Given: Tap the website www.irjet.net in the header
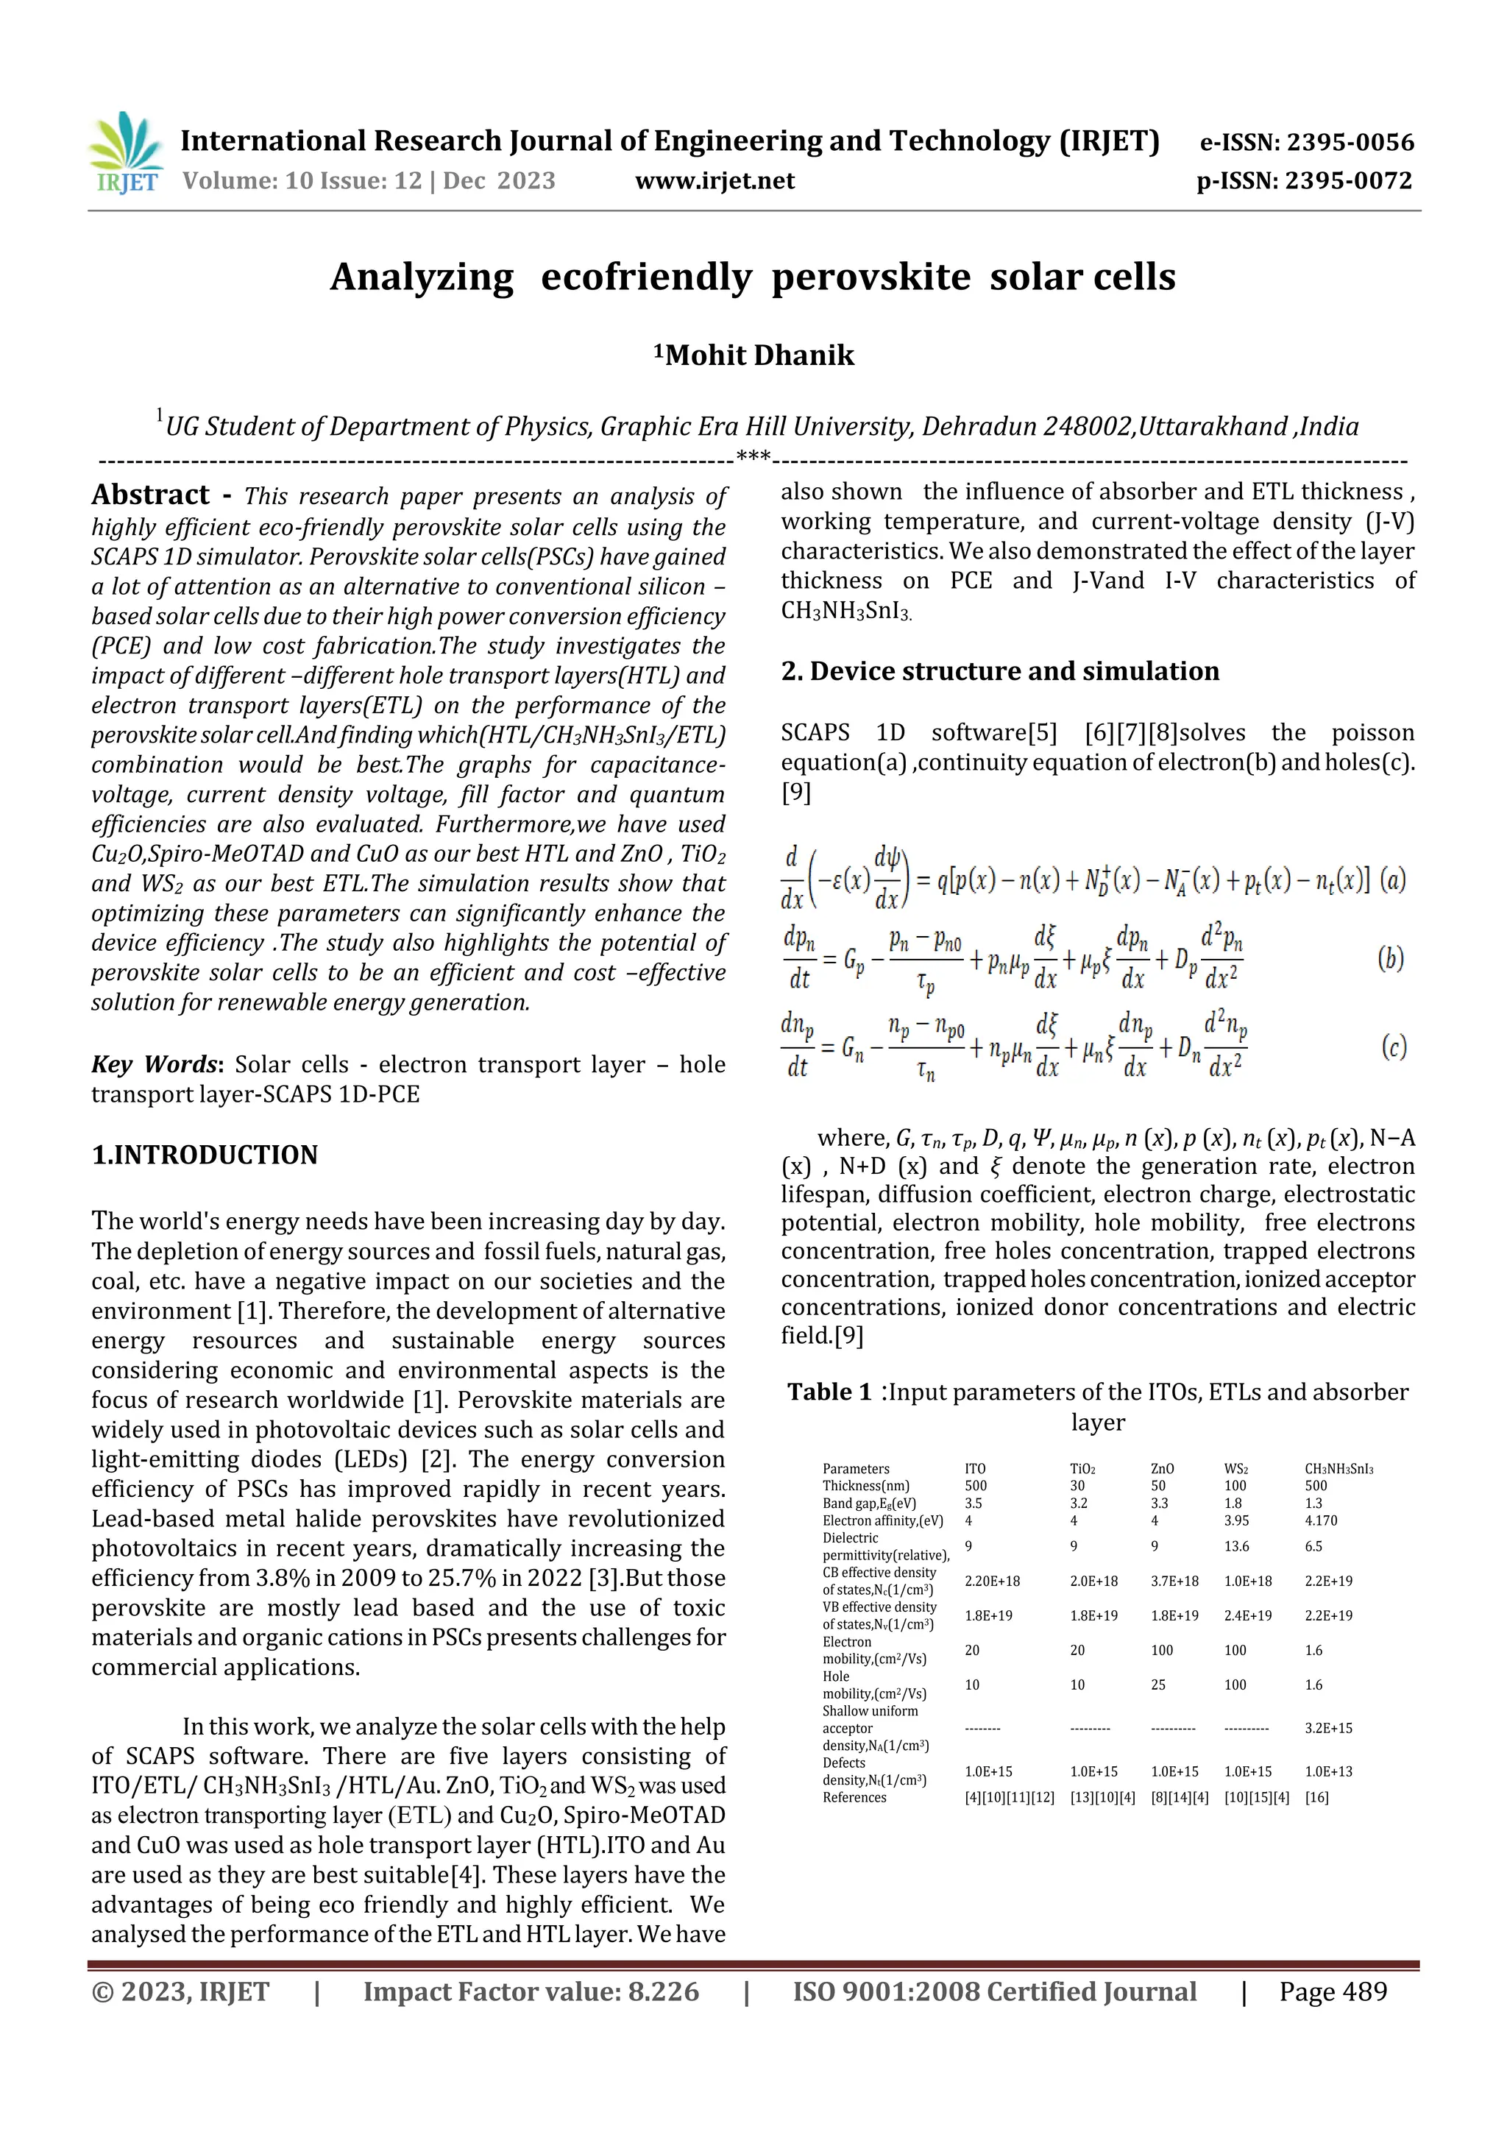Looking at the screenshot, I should tap(714, 180).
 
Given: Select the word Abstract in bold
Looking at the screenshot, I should tap(150, 495).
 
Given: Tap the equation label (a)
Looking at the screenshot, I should tap(1392, 879).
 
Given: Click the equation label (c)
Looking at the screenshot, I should tap(1393, 1047).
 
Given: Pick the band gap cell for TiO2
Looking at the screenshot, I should tap(1078, 1504).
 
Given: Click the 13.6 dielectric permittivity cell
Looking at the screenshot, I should tap(1237, 1546).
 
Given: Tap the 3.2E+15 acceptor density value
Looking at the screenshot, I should tap(1327, 1728).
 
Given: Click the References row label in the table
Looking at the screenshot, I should tap(854, 1797).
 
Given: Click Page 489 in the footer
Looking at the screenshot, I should tap(1333, 1991).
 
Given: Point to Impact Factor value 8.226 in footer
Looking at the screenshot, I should tap(531, 1991).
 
